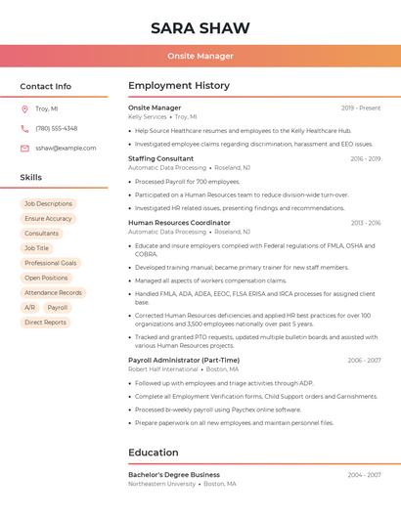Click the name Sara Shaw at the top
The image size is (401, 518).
pos(200,27)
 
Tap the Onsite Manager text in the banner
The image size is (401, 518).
pos(200,56)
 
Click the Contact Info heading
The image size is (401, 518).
pos(46,86)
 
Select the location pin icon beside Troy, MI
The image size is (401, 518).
pos(24,109)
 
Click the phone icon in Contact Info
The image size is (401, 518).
pos(24,128)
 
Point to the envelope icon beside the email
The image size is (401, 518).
pos(24,148)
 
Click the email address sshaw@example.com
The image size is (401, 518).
pos(66,148)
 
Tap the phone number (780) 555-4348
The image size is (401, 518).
pos(56,128)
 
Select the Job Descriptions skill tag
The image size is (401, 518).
pos(49,203)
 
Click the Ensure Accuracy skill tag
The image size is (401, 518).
pos(49,219)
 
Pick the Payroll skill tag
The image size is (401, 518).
pos(58,307)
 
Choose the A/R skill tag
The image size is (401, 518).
pos(29,307)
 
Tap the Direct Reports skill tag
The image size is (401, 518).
pos(46,322)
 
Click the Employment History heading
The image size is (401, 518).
pos(179,86)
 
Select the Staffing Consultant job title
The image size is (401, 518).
pos(161,158)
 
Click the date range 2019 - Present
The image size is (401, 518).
pos(361,108)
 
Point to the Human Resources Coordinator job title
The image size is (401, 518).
pos(179,223)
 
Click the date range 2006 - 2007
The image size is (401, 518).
pos(364,360)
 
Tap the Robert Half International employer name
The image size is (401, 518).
pos(162,369)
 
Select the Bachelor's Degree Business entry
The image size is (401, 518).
pos(174,474)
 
